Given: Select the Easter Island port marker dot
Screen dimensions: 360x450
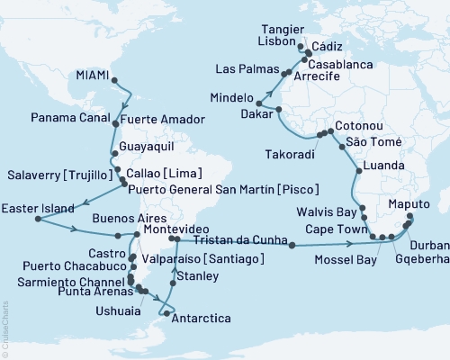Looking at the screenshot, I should point(36,219).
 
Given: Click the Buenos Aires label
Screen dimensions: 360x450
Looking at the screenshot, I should point(103,217).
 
